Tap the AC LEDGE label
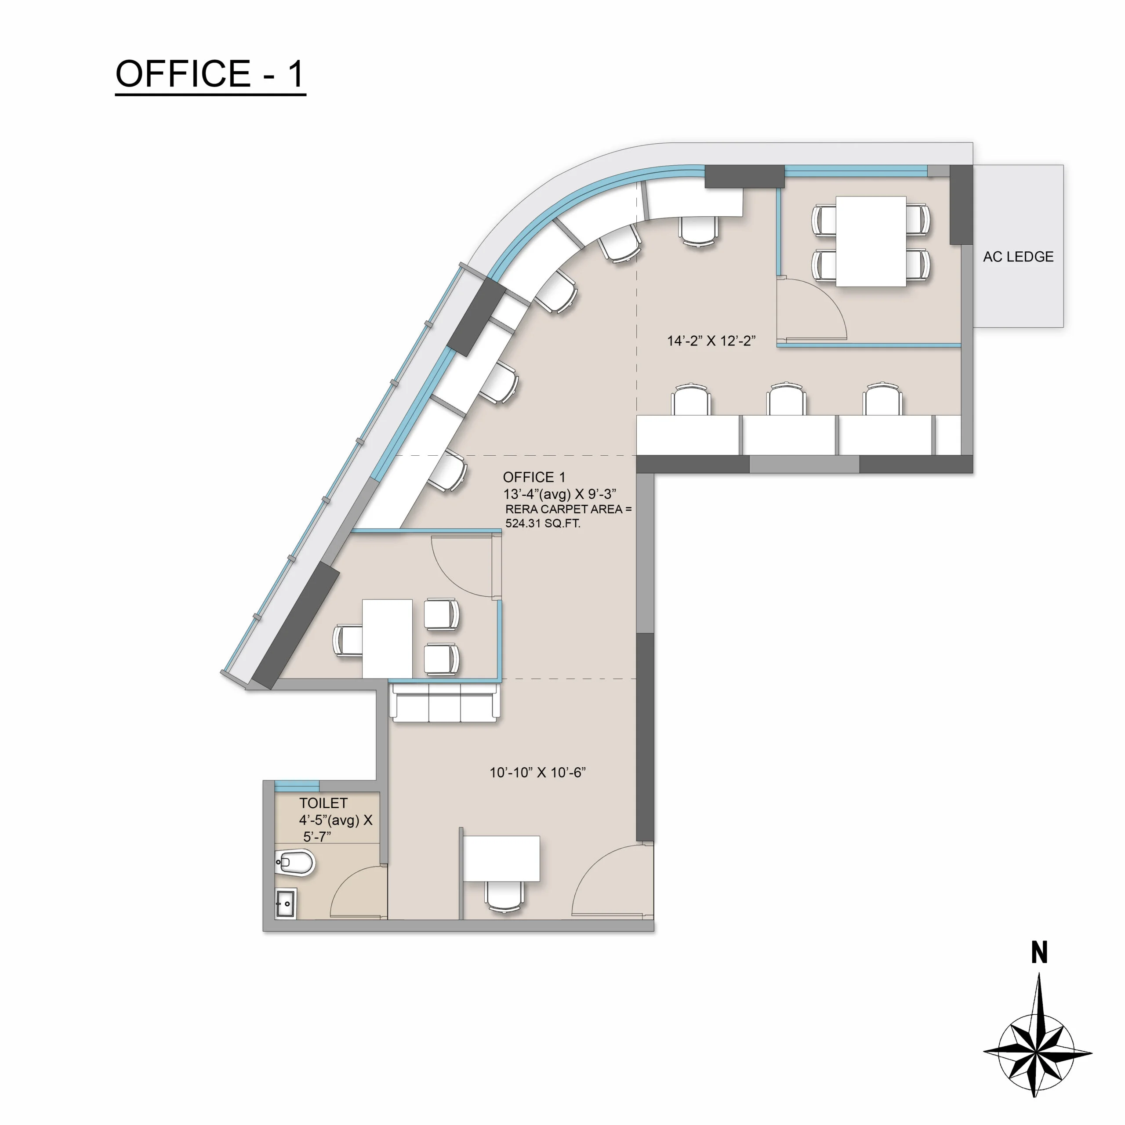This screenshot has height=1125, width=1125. click(x=1018, y=257)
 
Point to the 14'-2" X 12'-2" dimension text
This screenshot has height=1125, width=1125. click(x=711, y=341)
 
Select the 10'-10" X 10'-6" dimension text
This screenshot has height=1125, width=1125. click(x=537, y=773)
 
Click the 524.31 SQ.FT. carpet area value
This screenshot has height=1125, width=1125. click(x=542, y=523)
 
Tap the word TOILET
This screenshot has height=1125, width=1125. click(x=323, y=804)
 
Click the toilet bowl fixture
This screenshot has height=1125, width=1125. click(x=296, y=862)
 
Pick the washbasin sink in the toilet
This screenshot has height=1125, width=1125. click(x=285, y=903)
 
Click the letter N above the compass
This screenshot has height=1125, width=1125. click(x=1039, y=953)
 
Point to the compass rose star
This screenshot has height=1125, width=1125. click(x=1037, y=1052)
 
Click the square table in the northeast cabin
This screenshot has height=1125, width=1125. click(x=871, y=241)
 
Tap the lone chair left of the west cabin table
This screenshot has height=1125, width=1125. click(x=347, y=641)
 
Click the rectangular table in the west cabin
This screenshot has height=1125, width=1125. click(x=387, y=639)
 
